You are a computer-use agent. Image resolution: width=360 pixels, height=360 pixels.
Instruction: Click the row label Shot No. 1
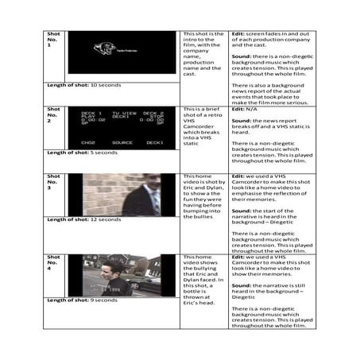tap(53, 41)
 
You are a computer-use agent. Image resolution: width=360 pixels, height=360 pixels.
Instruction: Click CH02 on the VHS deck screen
tap(88, 142)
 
